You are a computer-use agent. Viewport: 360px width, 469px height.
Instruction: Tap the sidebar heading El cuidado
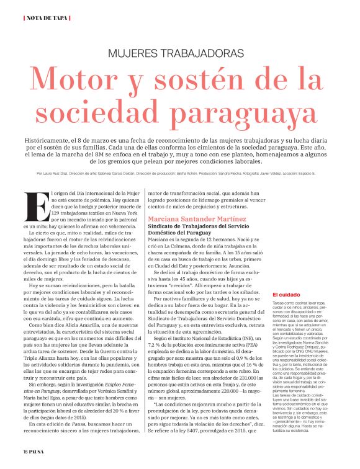pyautogui.click(x=284, y=294)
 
